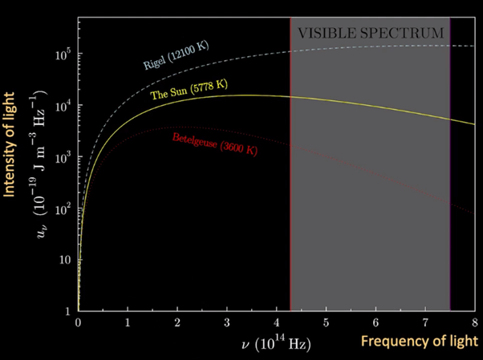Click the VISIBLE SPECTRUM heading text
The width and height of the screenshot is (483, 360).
click(370, 34)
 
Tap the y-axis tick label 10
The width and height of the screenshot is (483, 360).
click(66, 260)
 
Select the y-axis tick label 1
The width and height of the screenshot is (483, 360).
click(69, 310)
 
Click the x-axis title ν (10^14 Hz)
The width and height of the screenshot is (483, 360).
click(276, 343)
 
